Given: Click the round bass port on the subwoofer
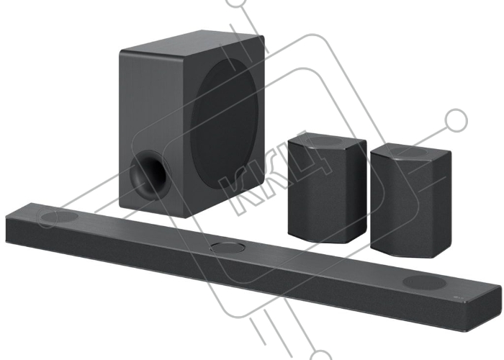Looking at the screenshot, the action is pyautogui.click(x=150, y=175).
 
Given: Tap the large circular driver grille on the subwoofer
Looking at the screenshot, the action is pyautogui.click(x=225, y=124).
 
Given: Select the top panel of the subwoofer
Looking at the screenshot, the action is pyautogui.click(x=192, y=43).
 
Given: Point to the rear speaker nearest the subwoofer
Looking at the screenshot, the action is pyautogui.click(x=327, y=188).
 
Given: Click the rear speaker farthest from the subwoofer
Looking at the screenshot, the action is pyautogui.click(x=411, y=201).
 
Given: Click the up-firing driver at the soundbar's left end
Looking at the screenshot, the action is pyautogui.click(x=59, y=217).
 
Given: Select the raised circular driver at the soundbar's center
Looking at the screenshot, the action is pyautogui.click(x=228, y=248).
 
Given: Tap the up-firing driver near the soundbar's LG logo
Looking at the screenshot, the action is pyautogui.click(x=424, y=282).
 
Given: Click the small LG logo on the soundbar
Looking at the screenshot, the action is pyautogui.click(x=459, y=297).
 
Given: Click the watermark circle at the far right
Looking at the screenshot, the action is pyautogui.click(x=456, y=120).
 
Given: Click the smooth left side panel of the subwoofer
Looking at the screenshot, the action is pyautogui.click(x=151, y=129).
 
